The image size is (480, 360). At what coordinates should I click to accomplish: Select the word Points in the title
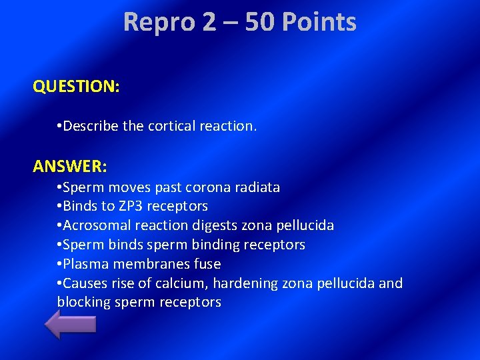319,22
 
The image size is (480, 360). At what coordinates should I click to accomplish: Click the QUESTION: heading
76,87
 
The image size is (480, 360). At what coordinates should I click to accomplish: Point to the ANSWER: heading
69,164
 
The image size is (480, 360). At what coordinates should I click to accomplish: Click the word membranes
149,264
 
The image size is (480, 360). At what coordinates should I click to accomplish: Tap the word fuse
206,264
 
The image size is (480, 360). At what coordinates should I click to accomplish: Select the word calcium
181,283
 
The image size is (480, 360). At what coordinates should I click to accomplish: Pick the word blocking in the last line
84,302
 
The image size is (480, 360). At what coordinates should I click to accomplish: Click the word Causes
87,283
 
